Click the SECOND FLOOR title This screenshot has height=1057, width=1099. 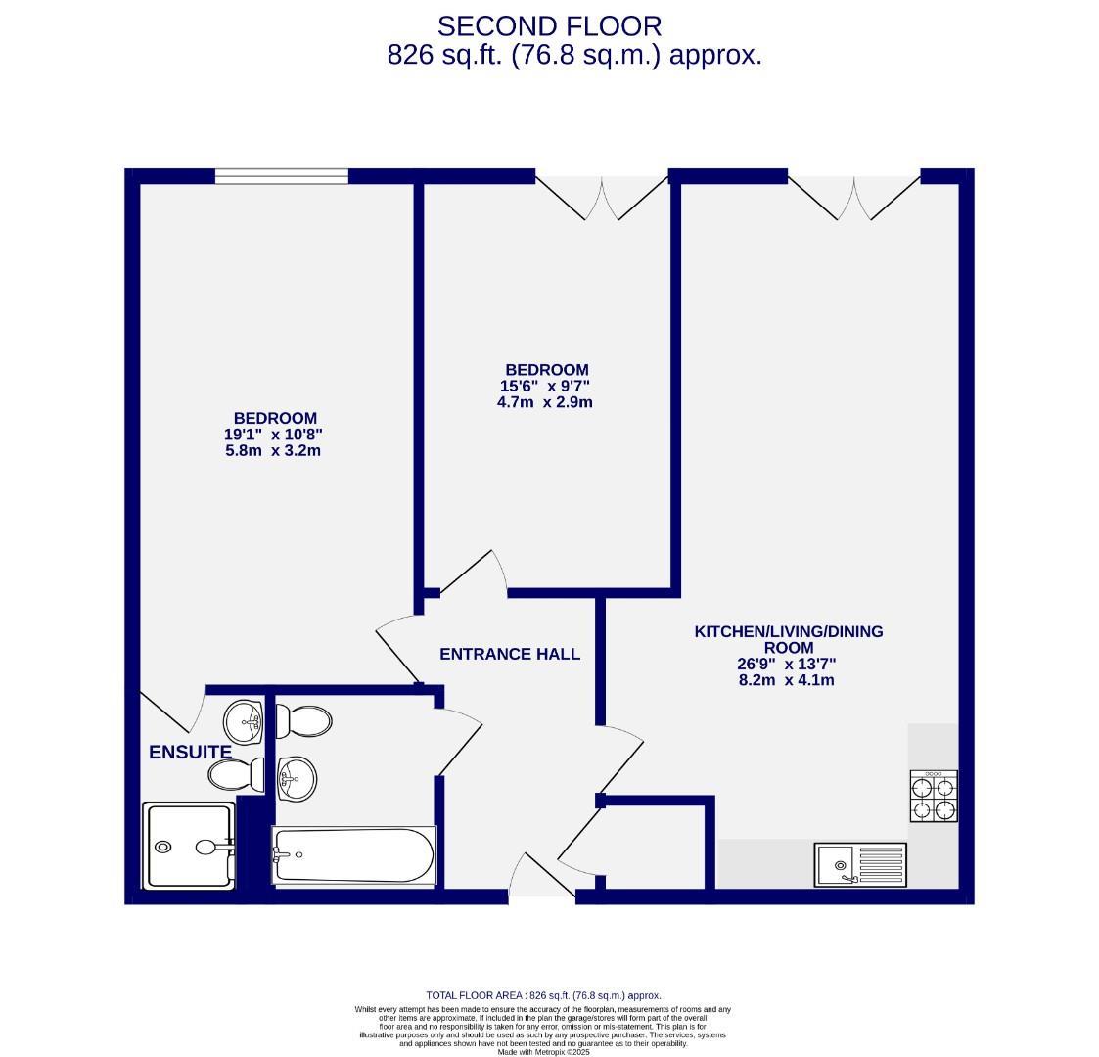[x=549, y=25]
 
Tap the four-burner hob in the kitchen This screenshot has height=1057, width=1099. [x=933, y=796]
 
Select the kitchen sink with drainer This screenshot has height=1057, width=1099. [x=860, y=865]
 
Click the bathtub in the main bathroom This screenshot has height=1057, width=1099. [x=354, y=855]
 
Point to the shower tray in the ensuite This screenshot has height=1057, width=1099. [x=189, y=846]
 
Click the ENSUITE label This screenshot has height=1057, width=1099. [x=190, y=752]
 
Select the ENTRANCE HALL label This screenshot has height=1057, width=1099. [x=509, y=654]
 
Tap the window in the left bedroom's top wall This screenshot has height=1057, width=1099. [x=281, y=176]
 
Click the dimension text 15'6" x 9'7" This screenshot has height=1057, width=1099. [x=546, y=386]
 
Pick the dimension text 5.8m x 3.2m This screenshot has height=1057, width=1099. [x=273, y=451]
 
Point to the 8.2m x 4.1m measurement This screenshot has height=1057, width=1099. [x=787, y=679]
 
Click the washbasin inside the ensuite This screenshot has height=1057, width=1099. [x=243, y=723]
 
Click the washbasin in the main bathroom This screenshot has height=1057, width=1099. [x=297, y=779]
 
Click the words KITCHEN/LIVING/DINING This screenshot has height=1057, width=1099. [x=788, y=631]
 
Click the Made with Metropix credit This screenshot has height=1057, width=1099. [x=543, y=1052]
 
